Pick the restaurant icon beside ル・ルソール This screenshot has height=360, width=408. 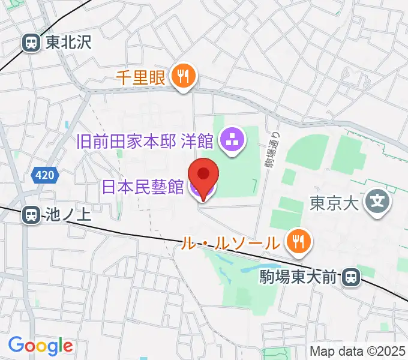pos(297,242)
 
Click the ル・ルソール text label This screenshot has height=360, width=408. pos(231,243)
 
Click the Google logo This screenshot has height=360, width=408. pos(40,345)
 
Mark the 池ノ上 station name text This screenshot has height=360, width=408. pos(67,215)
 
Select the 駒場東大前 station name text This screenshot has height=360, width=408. pos(298,277)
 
